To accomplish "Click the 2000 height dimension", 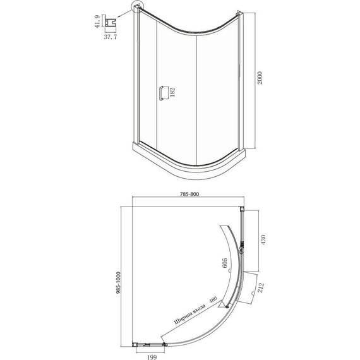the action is pos(260,78).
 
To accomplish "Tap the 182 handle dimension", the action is pos(172,92).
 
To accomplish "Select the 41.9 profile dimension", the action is pos(97,21).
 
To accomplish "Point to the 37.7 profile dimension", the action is pos(111,37).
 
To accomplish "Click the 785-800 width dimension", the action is pos(189,194).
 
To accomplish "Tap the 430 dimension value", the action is pos(263,239).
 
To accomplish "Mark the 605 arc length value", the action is pos(225,263).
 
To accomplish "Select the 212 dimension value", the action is pos(261,287).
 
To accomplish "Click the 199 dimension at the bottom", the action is pos(152,357).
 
